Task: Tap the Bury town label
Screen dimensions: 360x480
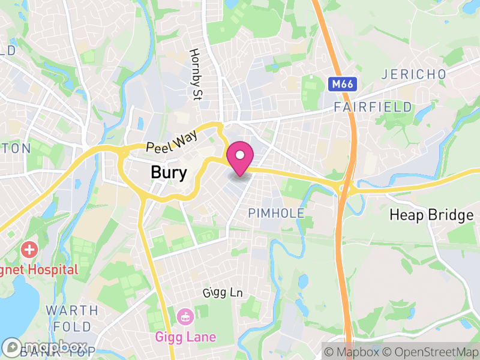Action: (169, 173)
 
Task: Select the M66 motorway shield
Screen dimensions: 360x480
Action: (341, 84)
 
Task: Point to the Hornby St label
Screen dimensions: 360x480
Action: (195, 74)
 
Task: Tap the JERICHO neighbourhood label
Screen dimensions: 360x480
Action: (414, 74)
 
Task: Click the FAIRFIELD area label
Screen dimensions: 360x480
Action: (373, 107)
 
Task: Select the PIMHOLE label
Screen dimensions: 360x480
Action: (277, 214)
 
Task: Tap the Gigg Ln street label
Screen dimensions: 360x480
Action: (222, 293)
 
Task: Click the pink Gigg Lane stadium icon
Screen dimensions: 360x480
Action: (185, 315)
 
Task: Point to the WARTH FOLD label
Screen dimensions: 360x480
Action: (72, 319)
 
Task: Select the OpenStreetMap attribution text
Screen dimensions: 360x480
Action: (430, 352)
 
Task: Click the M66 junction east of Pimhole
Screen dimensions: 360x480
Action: (345, 187)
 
